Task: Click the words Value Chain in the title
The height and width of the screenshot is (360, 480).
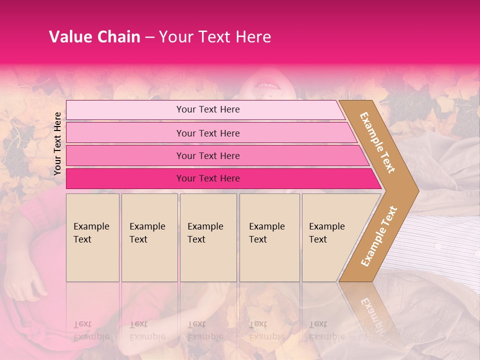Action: pyautogui.click(x=94, y=37)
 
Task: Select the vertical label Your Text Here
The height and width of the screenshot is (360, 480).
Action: pyautogui.click(x=57, y=143)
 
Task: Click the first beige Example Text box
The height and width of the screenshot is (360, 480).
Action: pyautogui.click(x=92, y=237)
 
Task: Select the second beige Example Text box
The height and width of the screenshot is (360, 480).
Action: pyautogui.click(x=149, y=237)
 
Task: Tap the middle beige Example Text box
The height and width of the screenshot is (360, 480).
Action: pyautogui.click(x=208, y=237)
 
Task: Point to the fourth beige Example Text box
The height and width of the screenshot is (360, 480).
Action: pyautogui.click(x=269, y=237)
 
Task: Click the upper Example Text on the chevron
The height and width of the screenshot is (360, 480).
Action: pyautogui.click(x=377, y=142)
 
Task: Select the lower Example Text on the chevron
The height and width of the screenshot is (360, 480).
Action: pyautogui.click(x=379, y=236)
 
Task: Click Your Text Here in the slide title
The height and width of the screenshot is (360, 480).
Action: pyautogui.click(x=215, y=37)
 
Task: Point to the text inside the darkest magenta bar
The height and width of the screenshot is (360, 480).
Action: pyautogui.click(x=208, y=178)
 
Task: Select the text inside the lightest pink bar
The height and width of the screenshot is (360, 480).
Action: pyautogui.click(x=208, y=109)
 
